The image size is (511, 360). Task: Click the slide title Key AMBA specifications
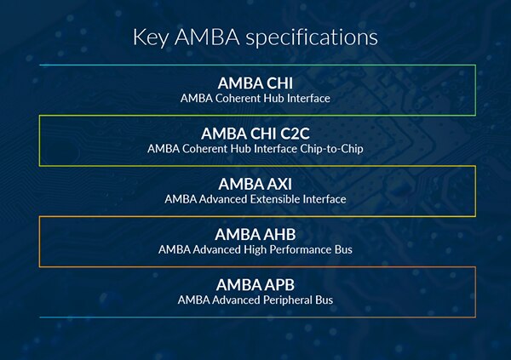pyautogui.click(x=255, y=37)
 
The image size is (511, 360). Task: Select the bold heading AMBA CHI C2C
pyautogui.click(x=255, y=134)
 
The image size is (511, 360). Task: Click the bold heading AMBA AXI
pyautogui.click(x=255, y=184)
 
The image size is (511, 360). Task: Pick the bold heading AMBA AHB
pyautogui.click(x=255, y=234)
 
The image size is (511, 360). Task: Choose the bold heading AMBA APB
pyautogui.click(x=255, y=284)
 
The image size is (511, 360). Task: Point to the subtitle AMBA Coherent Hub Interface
pyautogui.click(x=255, y=99)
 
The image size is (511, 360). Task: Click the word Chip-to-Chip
pyautogui.click(x=335, y=149)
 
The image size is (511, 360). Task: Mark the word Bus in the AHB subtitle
pyautogui.click(x=342, y=249)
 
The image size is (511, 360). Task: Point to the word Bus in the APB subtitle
pyautogui.click(x=323, y=300)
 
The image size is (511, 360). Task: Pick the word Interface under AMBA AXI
pyautogui.click(x=324, y=199)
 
